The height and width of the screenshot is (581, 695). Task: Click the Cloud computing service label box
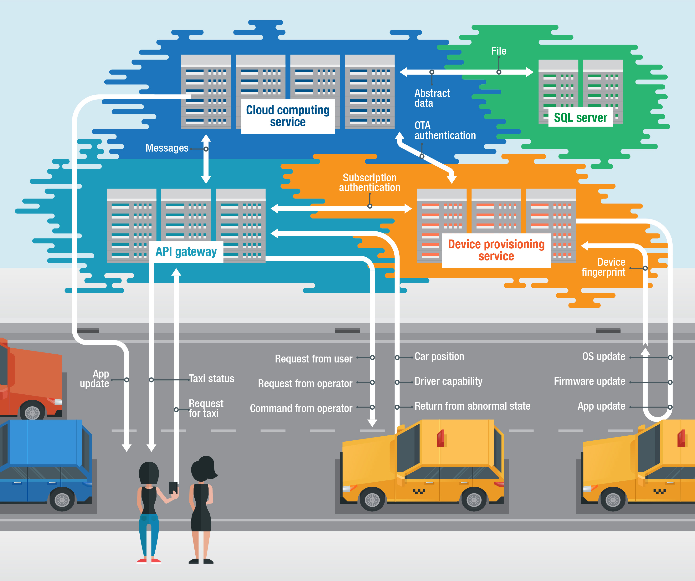click(288, 116)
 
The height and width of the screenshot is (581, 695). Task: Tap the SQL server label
click(580, 117)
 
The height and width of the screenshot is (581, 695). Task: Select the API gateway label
click(186, 252)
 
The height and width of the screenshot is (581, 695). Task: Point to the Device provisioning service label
click(496, 250)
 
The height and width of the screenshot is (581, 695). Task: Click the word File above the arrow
click(499, 51)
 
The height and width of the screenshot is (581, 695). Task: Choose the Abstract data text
click(432, 98)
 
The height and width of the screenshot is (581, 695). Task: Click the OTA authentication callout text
click(445, 130)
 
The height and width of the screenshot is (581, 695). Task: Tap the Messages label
click(167, 148)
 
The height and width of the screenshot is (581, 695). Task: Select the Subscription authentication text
click(369, 182)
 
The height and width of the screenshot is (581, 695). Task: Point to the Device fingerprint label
click(603, 267)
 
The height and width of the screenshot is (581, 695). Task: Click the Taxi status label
click(211, 379)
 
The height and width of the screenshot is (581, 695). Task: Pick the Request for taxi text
click(206, 408)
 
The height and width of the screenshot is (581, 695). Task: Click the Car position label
click(439, 357)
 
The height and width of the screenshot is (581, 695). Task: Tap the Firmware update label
click(589, 381)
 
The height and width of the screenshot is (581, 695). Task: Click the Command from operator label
click(301, 408)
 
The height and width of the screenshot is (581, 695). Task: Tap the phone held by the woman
click(173, 488)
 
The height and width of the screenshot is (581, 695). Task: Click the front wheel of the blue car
click(62, 499)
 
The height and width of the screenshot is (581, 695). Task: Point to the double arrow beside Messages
click(206, 159)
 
